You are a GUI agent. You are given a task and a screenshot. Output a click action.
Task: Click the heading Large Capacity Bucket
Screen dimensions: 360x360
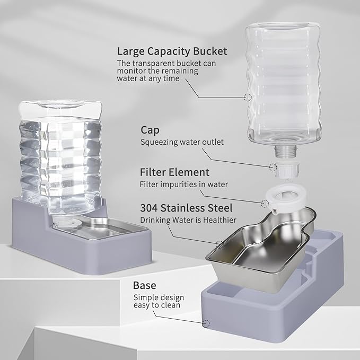tap(172, 51)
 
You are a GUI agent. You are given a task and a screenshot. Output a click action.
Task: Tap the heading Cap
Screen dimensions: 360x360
tap(151, 130)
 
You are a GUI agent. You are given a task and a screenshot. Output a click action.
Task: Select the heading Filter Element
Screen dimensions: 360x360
tap(174, 172)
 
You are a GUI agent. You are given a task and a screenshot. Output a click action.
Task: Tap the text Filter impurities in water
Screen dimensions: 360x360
tap(183, 185)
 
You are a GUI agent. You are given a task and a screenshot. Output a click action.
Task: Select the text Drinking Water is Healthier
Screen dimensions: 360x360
tap(188, 220)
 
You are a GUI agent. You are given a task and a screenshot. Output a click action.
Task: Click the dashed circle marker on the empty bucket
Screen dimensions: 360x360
tap(248, 98)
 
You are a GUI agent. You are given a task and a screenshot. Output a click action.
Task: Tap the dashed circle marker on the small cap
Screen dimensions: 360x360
tap(273, 168)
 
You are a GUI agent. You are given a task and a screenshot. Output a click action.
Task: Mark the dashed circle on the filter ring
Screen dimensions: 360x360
tap(265, 203)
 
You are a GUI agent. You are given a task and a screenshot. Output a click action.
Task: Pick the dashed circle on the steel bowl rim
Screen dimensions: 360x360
tap(219, 244)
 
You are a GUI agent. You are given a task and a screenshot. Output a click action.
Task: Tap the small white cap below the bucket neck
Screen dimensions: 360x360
tap(287, 171)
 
